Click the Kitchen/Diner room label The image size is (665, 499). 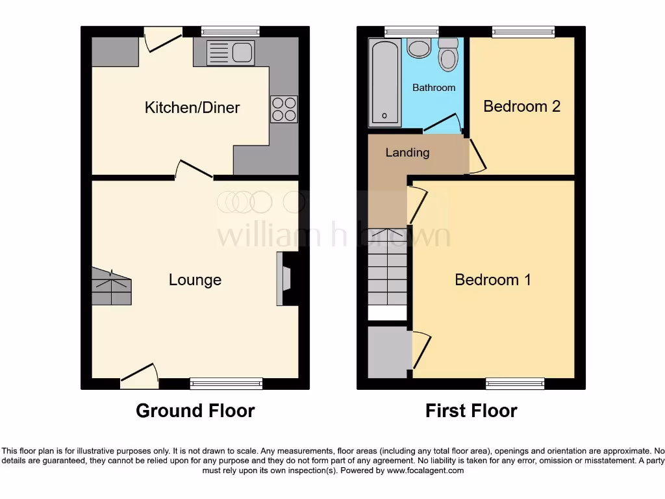point(192,107)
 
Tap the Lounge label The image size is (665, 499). point(195,279)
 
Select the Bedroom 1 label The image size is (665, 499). point(493,279)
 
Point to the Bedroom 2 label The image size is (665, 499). point(521,106)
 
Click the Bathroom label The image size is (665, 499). point(434,87)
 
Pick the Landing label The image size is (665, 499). point(407,153)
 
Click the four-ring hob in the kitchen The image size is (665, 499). point(283,109)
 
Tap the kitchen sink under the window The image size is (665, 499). point(230,53)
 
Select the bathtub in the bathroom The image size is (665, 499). point(384,83)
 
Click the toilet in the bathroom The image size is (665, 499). point(448,55)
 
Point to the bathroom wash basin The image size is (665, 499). point(420,48)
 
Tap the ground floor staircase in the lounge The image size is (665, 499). point(112,287)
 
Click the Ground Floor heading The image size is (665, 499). point(195,411)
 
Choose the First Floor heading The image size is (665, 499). point(471,411)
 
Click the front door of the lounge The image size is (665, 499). point(140,377)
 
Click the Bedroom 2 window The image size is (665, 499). point(523,32)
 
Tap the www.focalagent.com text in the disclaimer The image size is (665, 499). point(425,470)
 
